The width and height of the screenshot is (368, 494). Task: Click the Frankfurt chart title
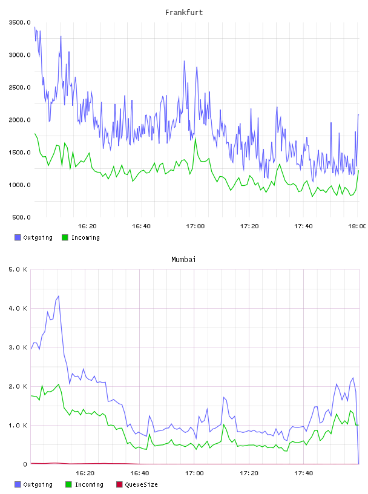pyautogui.click(x=184, y=13)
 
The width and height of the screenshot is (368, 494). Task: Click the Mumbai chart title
pyautogui.click(x=183, y=260)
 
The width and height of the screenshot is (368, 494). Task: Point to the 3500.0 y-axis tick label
pyautogui.click(x=19, y=22)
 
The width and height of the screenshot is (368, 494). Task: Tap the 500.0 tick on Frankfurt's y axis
pyautogui.click(x=21, y=217)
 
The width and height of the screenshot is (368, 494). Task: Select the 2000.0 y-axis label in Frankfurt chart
pyautogui.click(x=19, y=120)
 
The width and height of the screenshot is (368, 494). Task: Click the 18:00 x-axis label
pyautogui.click(x=357, y=226)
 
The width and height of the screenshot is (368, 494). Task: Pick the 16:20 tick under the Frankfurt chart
pyautogui.click(x=87, y=226)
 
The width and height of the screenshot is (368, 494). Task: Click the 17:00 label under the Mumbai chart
pyautogui.click(x=194, y=473)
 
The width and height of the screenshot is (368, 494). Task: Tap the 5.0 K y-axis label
pyautogui.click(x=18, y=269)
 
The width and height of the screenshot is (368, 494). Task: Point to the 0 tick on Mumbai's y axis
pyautogui.click(x=25, y=464)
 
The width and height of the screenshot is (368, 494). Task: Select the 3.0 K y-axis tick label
pyautogui.click(x=18, y=347)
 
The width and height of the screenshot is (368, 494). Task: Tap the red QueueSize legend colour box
pyautogui.click(x=119, y=484)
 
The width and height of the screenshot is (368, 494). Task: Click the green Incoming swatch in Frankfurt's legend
pyautogui.click(x=65, y=237)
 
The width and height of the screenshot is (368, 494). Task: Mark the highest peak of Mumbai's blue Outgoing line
pyautogui.click(x=59, y=296)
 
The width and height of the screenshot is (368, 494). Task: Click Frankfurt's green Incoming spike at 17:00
pyautogui.click(x=195, y=138)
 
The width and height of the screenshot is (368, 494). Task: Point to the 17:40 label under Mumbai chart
pyautogui.click(x=304, y=473)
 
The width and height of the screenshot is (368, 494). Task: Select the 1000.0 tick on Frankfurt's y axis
pyautogui.click(x=19, y=185)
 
